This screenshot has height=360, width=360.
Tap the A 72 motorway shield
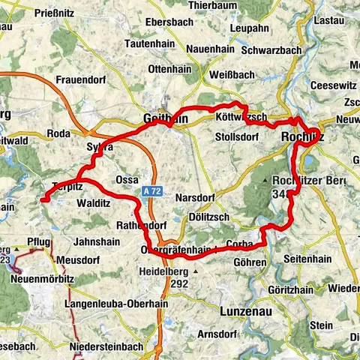click(153, 193)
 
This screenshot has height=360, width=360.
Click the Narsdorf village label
click(196, 198)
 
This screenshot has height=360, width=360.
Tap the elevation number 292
click(180, 284)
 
